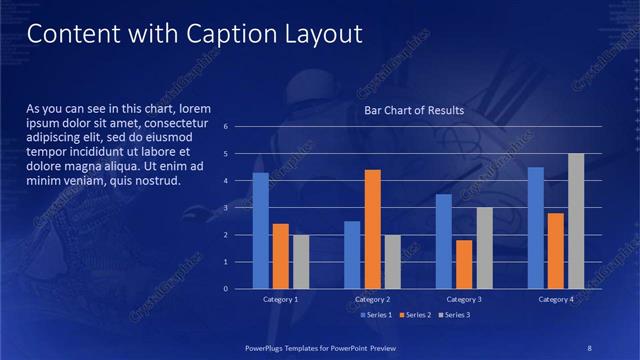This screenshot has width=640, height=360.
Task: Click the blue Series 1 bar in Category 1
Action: click(261, 231)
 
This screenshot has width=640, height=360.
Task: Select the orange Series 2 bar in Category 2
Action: click(372, 229)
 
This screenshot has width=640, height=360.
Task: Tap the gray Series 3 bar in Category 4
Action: click(576, 221)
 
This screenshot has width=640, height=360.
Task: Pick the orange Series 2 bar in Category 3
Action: click(464, 264)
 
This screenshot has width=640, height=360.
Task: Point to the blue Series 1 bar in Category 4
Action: click(536, 228)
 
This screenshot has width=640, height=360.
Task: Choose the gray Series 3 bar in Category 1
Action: click(301, 262)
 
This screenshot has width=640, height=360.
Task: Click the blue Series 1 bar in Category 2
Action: click(352, 255)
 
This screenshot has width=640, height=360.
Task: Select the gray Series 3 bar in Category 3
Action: click(484, 248)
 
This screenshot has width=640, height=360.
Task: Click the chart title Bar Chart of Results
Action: click(414, 110)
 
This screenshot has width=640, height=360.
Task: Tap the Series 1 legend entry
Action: click(375, 315)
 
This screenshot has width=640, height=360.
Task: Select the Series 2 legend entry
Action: click(414, 315)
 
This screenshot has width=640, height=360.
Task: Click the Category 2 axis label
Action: click(372, 299)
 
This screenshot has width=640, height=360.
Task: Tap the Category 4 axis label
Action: click(556, 299)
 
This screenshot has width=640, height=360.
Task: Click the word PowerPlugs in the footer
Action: click(268, 347)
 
